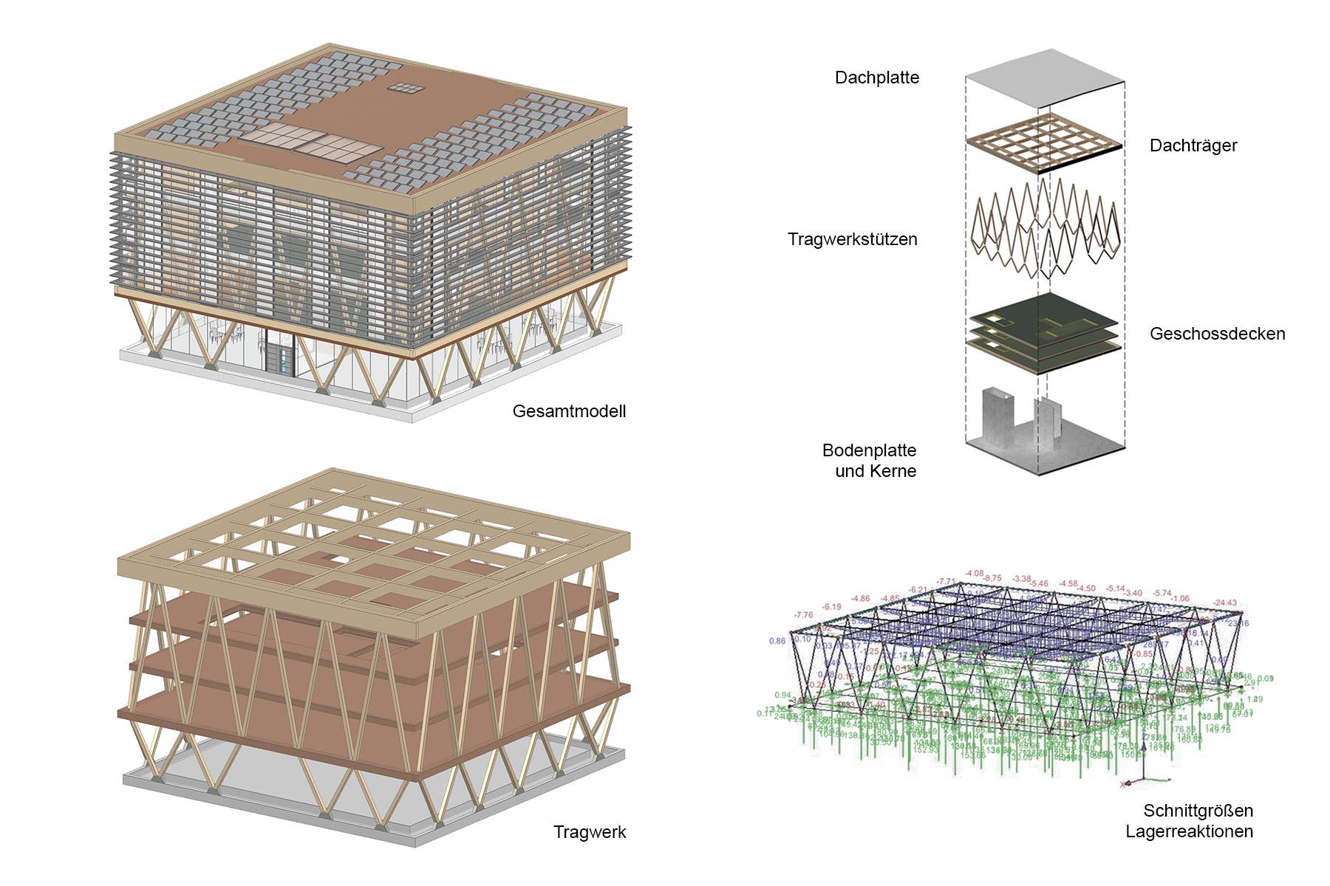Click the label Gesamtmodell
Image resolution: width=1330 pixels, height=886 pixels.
pyautogui.click(x=569, y=411)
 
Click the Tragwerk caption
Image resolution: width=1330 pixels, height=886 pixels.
pyautogui.click(x=590, y=832)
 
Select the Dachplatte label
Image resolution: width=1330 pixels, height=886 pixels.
pyautogui.click(x=877, y=78)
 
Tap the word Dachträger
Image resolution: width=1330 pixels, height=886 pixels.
pyautogui.click(x=1193, y=145)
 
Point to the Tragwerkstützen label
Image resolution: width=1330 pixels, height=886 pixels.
pyautogui.click(x=853, y=239)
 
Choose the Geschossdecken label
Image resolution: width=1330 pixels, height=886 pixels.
pyautogui.click(x=1217, y=334)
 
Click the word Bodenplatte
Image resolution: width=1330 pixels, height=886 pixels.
pyautogui.click(x=869, y=450)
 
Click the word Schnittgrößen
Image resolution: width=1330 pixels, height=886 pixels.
pyautogui.click(x=1198, y=811)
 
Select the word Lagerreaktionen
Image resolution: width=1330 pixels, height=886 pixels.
pyautogui.click(x=1189, y=831)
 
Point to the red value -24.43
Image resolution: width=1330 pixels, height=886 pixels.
pyautogui.click(x=1224, y=603)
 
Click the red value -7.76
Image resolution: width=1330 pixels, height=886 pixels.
pyautogui.click(x=803, y=615)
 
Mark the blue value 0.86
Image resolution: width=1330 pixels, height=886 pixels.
pyautogui.click(x=777, y=641)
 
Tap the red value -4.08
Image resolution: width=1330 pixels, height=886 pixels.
pyautogui.click(x=975, y=573)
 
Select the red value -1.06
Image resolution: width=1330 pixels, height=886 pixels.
pyautogui.click(x=1181, y=599)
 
